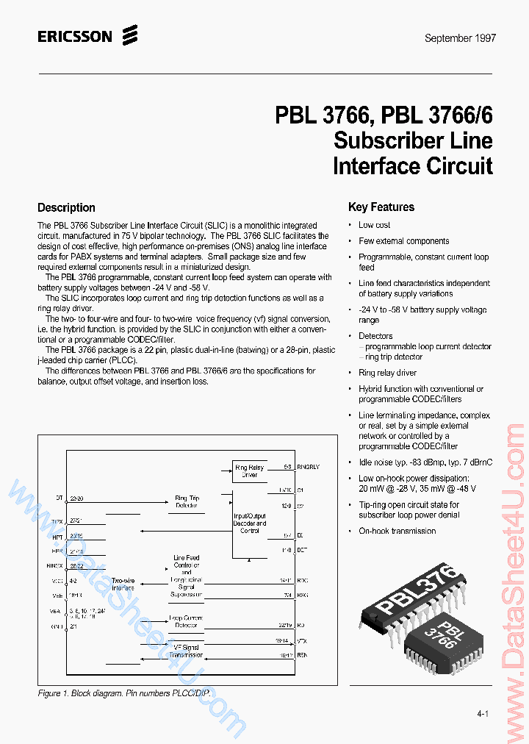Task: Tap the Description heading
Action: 66,208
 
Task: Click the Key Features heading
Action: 381,207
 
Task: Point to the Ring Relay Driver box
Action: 250,471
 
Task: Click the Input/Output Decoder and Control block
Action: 250,522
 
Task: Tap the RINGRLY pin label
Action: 309,467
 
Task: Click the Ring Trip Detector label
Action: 187,502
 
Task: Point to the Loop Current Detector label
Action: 187,622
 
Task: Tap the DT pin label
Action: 60,498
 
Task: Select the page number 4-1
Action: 483,714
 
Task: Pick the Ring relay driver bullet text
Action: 387,373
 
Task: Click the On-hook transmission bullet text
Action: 397,531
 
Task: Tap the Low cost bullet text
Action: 374,225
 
